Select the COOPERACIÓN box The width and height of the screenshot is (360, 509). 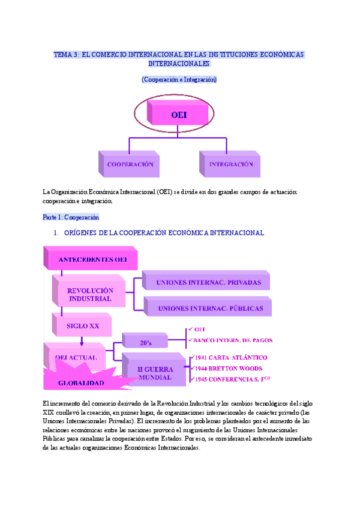(x=130, y=164)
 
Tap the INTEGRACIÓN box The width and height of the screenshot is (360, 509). (x=231, y=164)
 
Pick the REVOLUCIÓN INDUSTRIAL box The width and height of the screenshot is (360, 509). (x=89, y=294)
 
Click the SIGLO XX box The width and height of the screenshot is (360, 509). (x=83, y=327)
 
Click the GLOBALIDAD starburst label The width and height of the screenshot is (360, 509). (x=81, y=382)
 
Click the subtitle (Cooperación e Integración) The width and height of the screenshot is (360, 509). (x=179, y=79)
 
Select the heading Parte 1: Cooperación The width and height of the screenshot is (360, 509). (x=70, y=217)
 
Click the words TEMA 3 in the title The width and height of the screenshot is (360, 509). (x=65, y=54)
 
